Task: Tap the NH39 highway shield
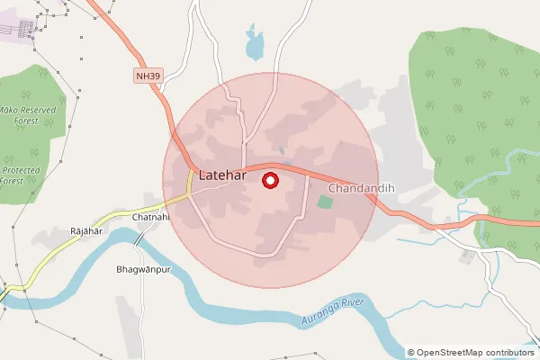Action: (x=148, y=76)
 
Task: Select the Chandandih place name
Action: (x=363, y=189)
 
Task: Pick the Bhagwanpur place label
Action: (x=143, y=269)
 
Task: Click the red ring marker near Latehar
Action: (x=269, y=181)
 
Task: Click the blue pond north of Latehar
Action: (x=256, y=41)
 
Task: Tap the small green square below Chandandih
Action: (x=325, y=201)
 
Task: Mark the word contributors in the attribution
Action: (x=508, y=353)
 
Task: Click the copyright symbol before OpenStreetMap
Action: (x=411, y=353)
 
